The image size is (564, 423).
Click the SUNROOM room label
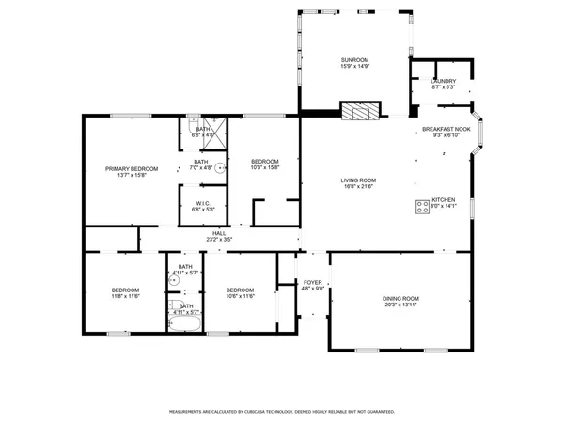[x=355, y=61]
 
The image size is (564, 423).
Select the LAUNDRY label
[x=444, y=81]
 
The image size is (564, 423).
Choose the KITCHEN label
[x=444, y=200]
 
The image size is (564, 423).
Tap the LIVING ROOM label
[x=358, y=180]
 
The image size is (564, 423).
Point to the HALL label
[x=219, y=233]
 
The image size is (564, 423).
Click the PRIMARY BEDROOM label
[x=132, y=168]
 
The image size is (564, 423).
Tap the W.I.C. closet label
[x=204, y=203]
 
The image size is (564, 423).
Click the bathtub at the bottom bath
[x=185, y=325]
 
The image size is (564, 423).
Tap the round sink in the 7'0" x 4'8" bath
[x=220, y=169]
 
